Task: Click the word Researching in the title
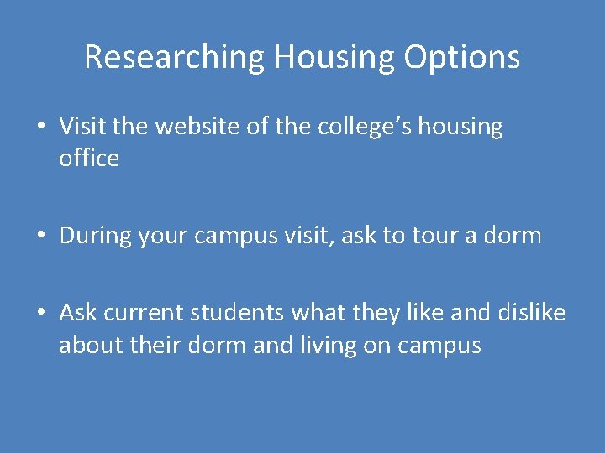[x=174, y=57]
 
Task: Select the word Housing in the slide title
[x=334, y=57]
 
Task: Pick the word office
[x=89, y=158]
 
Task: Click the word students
[x=239, y=314]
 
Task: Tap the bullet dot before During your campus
[x=40, y=237]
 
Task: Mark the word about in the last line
[x=87, y=345]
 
